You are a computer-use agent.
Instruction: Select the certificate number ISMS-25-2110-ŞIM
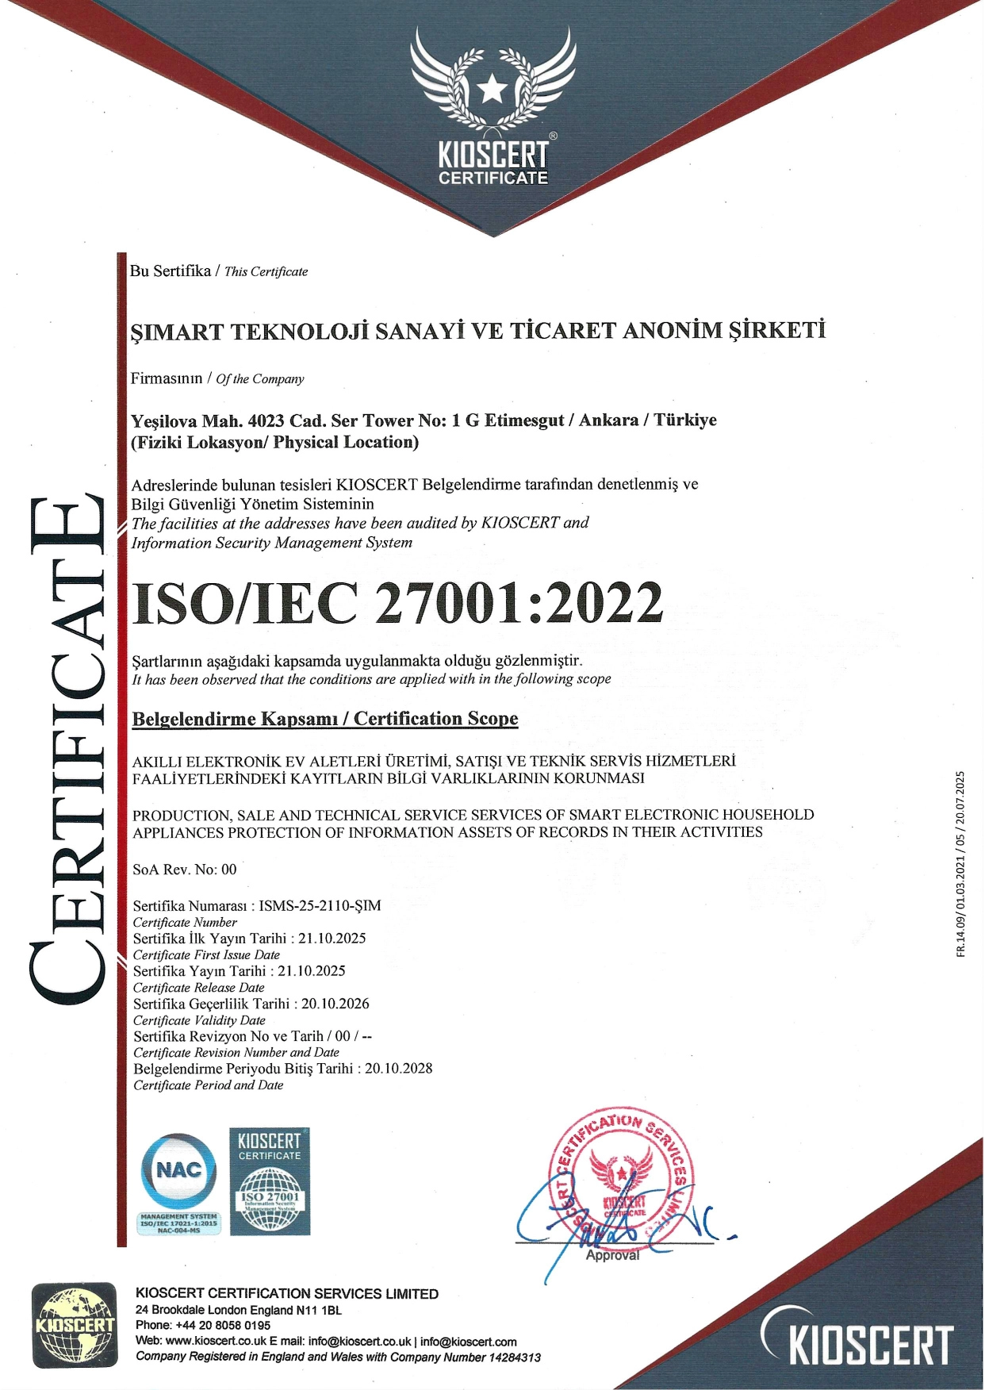(x=320, y=905)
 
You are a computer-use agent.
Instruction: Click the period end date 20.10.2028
(x=399, y=1068)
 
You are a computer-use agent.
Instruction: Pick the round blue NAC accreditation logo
(x=178, y=1170)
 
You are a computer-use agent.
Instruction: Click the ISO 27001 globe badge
(x=270, y=1202)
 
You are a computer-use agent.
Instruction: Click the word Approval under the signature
(x=612, y=1255)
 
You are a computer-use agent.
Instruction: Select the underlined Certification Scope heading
(x=325, y=719)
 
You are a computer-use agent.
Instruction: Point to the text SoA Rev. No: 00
(x=185, y=870)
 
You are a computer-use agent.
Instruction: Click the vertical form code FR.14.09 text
(x=961, y=865)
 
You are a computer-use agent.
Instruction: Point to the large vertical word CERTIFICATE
(x=67, y=750)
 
